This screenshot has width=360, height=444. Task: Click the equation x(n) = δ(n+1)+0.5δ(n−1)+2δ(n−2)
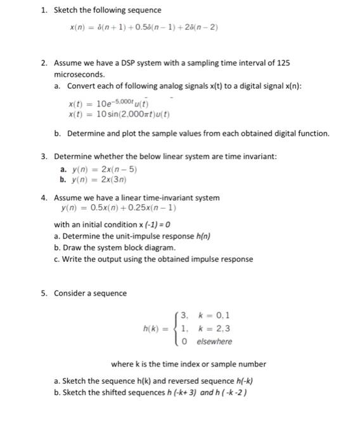(x=145, y=28)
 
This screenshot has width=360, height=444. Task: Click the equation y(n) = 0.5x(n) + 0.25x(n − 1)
(x=119, y=207)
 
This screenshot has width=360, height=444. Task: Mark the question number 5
(x=44, y=293)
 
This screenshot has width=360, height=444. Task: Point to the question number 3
(x=44, y=156)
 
